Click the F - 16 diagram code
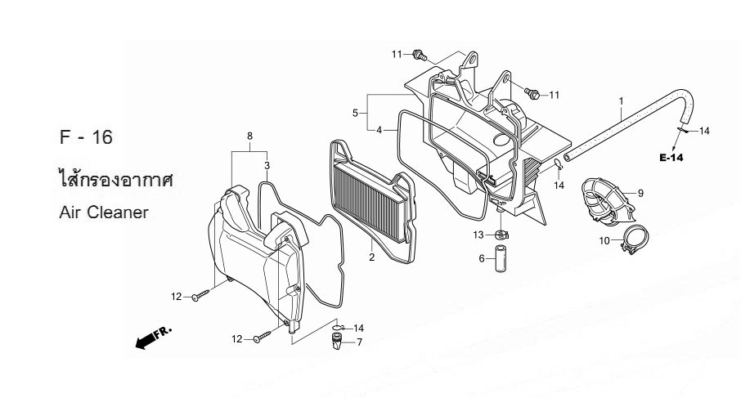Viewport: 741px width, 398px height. point(86,137)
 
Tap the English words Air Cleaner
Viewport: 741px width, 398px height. point(104,212)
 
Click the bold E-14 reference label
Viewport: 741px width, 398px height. point(671,158)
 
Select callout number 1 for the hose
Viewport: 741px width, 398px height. point(622,101)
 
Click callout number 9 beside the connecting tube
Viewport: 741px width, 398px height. point(641,193)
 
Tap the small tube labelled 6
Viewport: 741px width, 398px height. point(499,258)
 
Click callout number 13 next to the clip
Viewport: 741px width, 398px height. point(478,235)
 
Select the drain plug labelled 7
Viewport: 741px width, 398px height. point(336,342)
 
